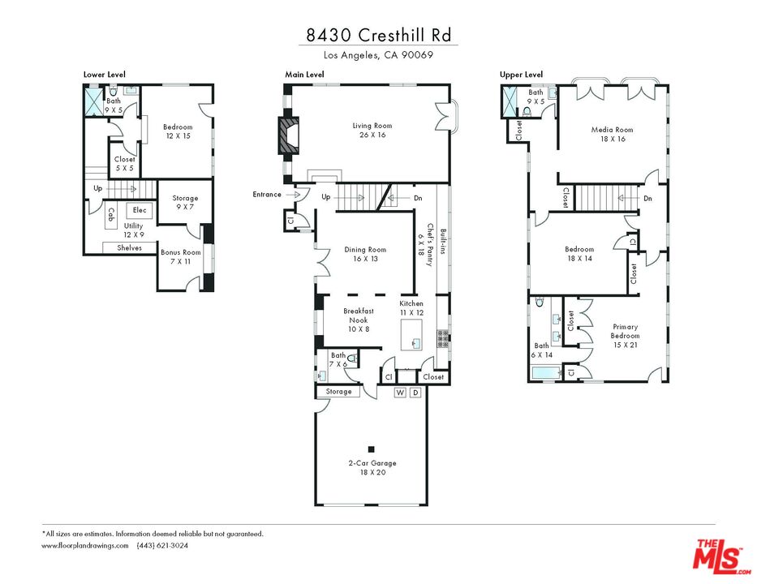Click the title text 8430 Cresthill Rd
pos(377,35)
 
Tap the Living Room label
pos(372,130)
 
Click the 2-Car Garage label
pos(372,467)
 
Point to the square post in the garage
pos(371,449)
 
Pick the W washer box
pos(400,393)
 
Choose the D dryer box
pos(415,393)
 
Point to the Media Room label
pos(613,135)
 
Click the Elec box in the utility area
pos(140,210)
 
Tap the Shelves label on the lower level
pos(130,247)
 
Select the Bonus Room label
pos(180,257)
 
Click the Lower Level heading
pos(104,75)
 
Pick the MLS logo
pos(718,556)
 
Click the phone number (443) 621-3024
pos(162,546)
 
